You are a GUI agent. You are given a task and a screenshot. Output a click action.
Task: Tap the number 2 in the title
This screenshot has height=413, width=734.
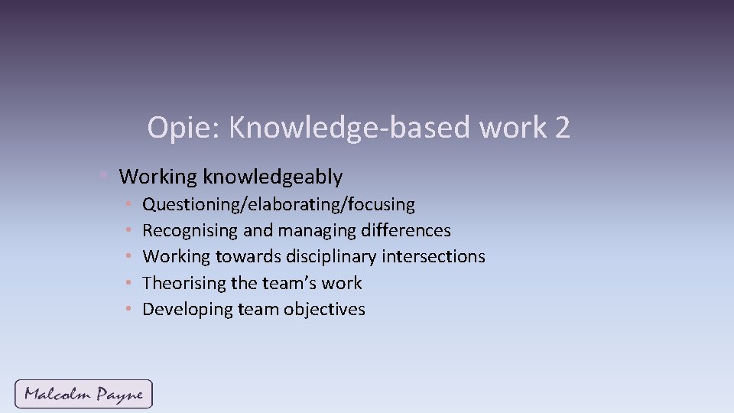pyautogui.click(x=563, y=128)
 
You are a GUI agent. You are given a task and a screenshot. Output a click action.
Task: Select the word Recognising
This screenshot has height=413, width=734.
pyautogui.click(x=190, y=231)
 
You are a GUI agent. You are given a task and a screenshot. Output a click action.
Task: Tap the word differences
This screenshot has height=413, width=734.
pyautogui.click(x=405, y=231)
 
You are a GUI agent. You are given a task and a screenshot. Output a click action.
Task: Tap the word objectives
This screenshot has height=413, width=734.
pyautogui.click(x=325, y=310)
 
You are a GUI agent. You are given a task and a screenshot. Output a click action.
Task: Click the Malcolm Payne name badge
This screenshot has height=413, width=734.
pyautogui.click(x=83, y=395)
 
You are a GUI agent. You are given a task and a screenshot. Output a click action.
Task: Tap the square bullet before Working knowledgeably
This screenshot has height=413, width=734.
pyautogui.click(x=104, y=177)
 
